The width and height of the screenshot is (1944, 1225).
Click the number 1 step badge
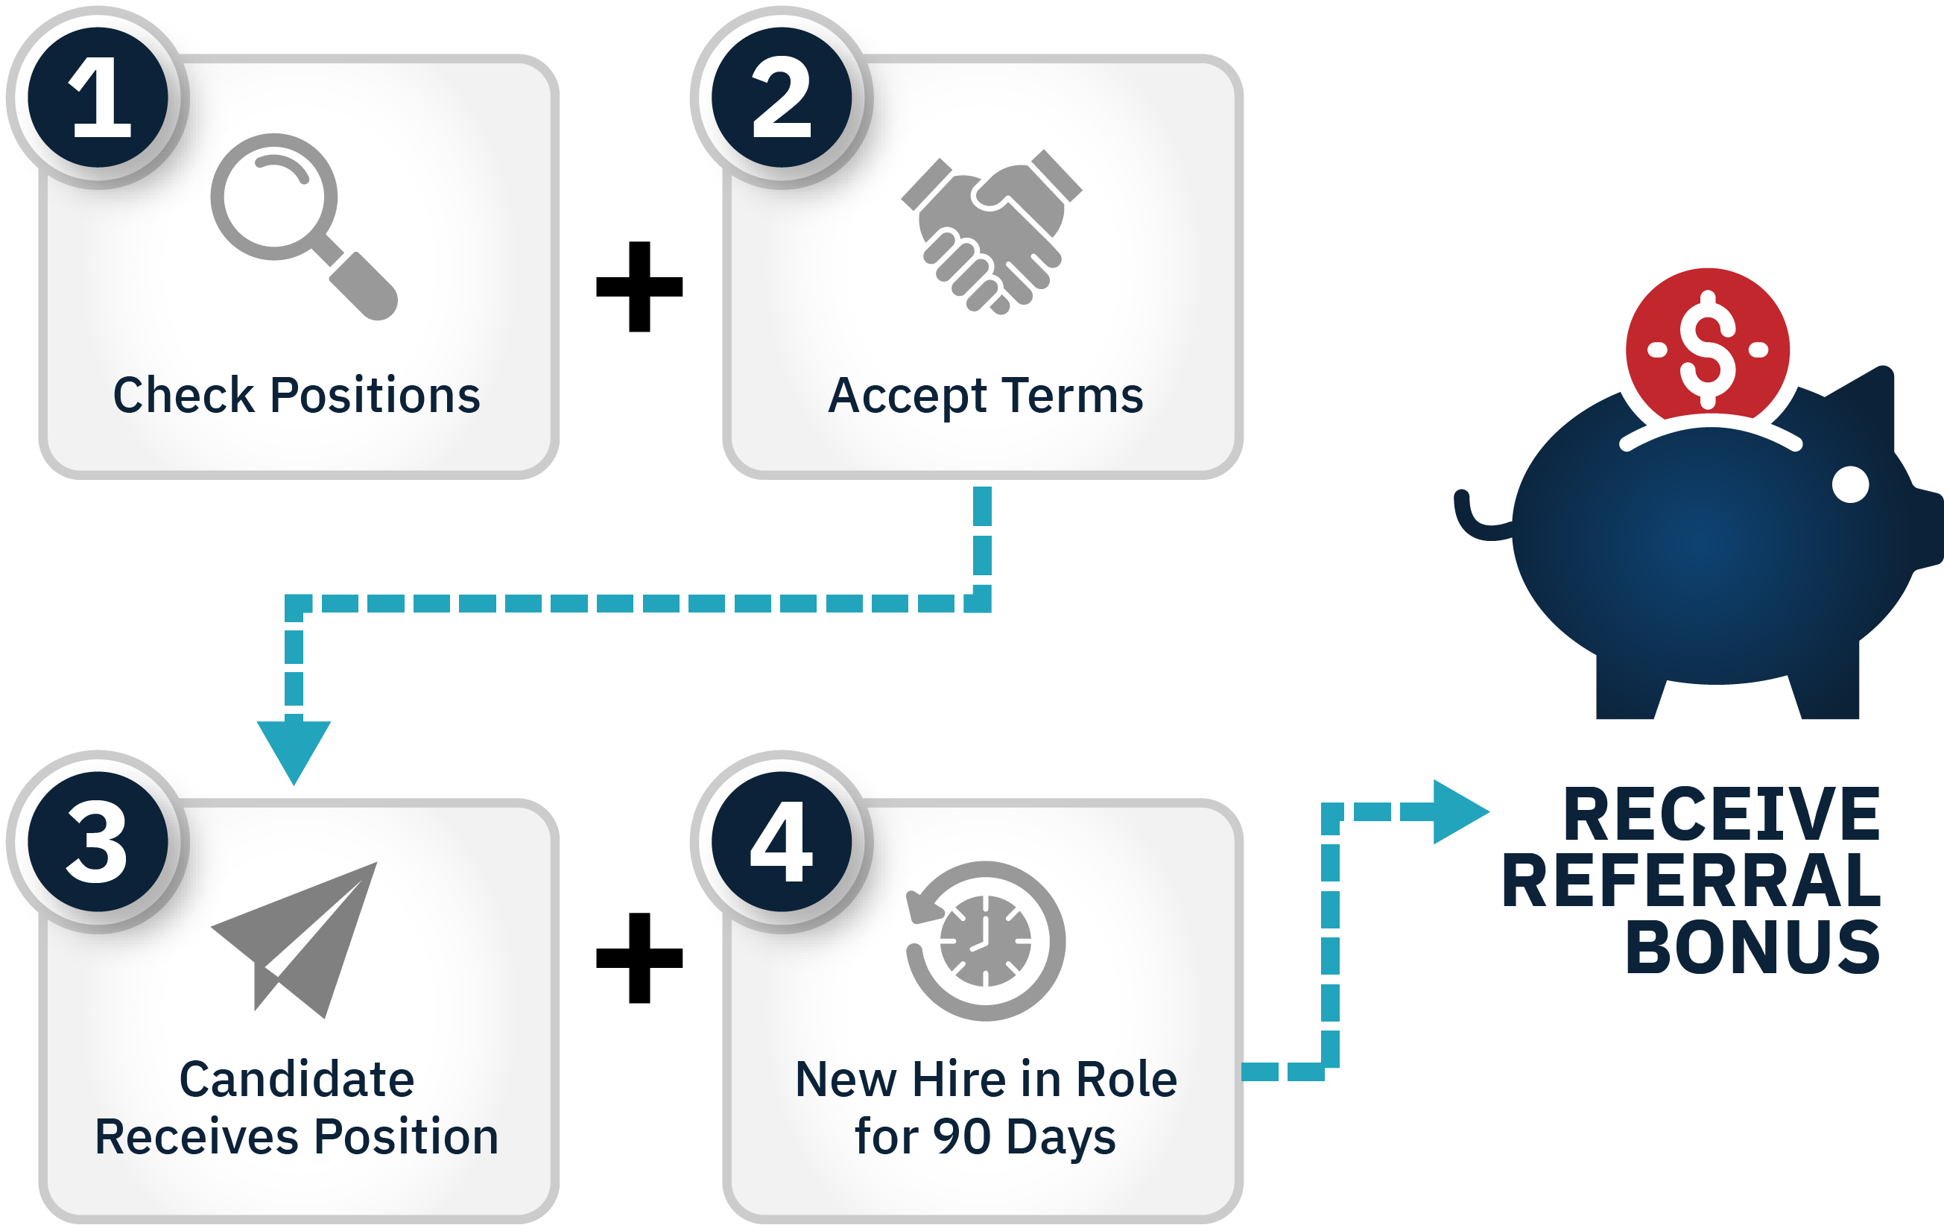(98, 98)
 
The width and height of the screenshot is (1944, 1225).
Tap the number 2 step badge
(782, 98)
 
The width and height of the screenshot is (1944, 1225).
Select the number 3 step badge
(98, 841)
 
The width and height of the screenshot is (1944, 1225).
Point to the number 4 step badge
(782, 841)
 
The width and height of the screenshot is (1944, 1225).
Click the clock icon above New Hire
(985, 941)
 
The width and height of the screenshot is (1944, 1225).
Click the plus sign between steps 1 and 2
(639, 287)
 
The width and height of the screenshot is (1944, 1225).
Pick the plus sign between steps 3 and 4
(639, 958)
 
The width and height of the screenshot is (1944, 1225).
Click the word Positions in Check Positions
(375, 396)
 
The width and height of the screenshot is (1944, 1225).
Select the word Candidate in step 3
(297, 1079)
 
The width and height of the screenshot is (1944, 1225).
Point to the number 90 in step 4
(961, 1137)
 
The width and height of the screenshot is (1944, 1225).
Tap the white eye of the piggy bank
(1850, 484)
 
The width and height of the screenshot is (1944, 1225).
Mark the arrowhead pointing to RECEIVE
(1459, 811)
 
